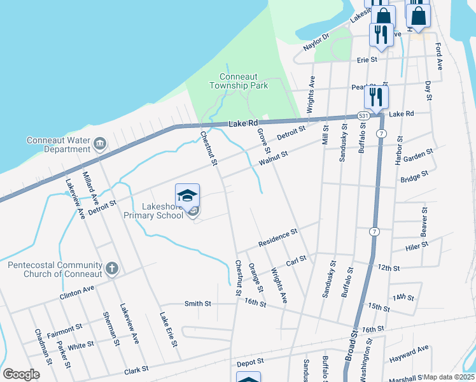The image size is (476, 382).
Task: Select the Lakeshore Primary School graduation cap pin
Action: pos(188,195)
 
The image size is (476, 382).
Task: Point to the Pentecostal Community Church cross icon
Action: pos(112,268)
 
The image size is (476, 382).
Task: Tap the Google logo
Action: pos(21,374)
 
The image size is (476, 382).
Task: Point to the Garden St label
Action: pos(418,155)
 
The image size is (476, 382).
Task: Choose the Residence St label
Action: pos(278,239)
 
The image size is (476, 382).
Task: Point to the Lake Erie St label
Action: pos(169,329)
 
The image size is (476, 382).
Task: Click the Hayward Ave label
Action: pos(409,354)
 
